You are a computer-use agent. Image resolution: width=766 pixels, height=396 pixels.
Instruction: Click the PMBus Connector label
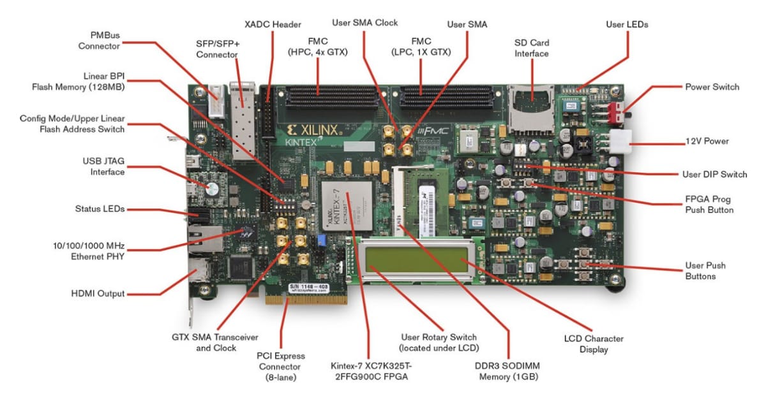(x=99, y=40)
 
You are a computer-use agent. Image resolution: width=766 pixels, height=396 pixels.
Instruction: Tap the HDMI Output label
(x=98, y=294)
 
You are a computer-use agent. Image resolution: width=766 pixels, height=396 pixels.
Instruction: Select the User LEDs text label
(x=626, y=24)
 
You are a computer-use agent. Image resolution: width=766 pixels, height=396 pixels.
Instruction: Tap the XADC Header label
(x=273, y=24)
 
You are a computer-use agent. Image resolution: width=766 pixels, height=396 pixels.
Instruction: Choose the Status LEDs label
(x=100, y=209)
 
